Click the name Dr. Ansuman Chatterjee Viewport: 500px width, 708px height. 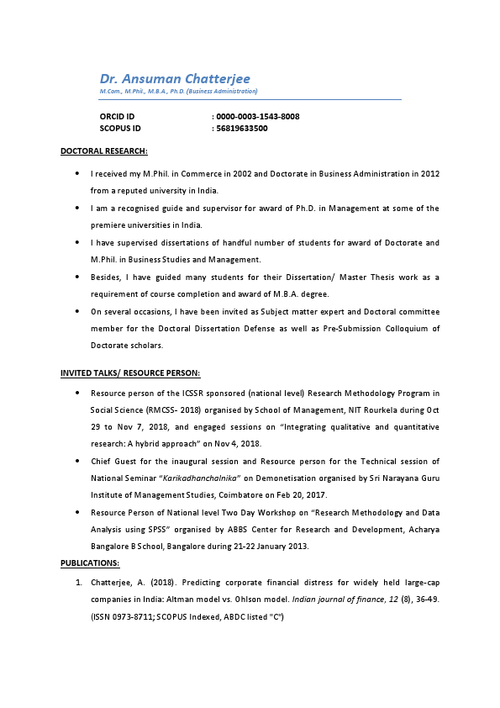pyautogui.click(x=175, y=78)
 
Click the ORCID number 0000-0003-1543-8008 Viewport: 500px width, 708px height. pyautogui.click(x=258, y=116)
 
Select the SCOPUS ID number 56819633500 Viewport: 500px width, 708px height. pyautogui.click(x=242, y=129)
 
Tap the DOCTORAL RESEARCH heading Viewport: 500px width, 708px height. pyautogui.click(x=104, y=151)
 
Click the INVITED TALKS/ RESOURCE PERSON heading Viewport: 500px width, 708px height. pyautogui.click(x=129, y=372)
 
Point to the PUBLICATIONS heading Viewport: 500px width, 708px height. pyautogui.click(x=90, y=563)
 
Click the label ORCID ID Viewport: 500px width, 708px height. pyautogui.click(x=117, y=116)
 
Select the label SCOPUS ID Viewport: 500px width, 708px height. pyautogui.click(x=120, y=129)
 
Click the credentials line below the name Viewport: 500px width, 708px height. pyautogui.click(x=178, y=91)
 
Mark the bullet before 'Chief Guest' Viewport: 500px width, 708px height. pyautogui.click(x=78, y=461)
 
